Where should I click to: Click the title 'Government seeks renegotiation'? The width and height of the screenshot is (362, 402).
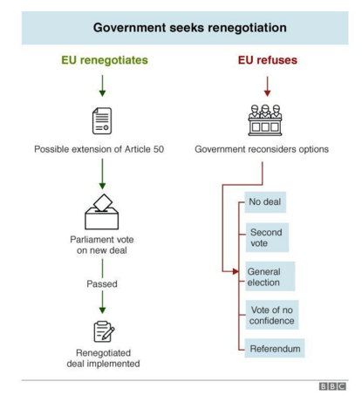coord(190,28)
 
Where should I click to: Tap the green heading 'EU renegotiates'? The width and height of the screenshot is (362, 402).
coord(105,60)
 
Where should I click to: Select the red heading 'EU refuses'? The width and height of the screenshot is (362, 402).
coord(268,60)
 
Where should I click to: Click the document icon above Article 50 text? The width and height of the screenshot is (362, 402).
coord(102,120)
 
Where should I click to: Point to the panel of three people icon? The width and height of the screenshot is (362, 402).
coord(265,120)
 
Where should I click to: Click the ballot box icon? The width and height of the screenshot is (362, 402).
coord(102,212)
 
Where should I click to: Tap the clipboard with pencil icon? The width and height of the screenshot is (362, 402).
coord(104,331)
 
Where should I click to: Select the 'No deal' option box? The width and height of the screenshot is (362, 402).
coord(265,202)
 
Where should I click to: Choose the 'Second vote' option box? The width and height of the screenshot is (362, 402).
coord(267,237)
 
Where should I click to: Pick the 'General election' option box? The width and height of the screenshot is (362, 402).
coord(270,276)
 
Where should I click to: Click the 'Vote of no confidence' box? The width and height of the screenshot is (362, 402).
coord(272,315)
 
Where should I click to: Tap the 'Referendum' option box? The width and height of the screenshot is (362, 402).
coord(275,348)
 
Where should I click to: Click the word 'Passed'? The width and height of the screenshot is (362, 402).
coord(102,283)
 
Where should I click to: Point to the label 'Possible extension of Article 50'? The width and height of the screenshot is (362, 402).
coord(99,149)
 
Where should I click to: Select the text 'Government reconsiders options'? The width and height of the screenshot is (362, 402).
coord(262,149)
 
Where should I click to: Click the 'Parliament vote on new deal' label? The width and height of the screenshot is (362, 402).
coord(102,245)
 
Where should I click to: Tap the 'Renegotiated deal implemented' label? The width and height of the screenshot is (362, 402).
coord(103,358)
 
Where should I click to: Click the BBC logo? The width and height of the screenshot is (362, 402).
coord(332,386)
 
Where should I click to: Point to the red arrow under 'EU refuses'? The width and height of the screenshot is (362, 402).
coord(267,86)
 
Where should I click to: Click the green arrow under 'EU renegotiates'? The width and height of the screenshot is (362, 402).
coord(102,85)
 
